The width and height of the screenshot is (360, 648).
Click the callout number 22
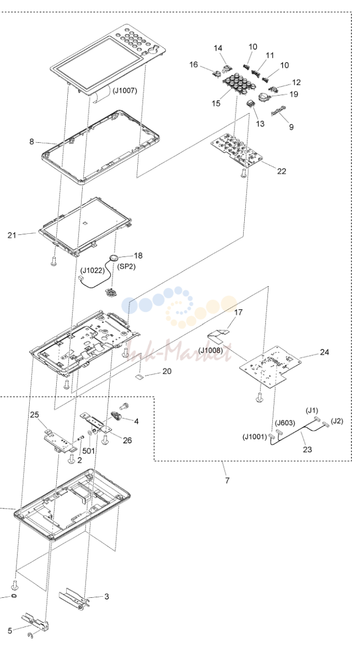[x=282, y=171]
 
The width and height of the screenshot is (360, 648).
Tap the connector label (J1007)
[x=125, y=90]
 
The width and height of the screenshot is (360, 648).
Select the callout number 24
[x=325, y=352]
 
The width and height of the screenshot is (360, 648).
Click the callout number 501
[x=88, y=450]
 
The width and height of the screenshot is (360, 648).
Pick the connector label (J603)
[x=285, y=423]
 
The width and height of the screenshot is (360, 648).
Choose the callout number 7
[x=227, y=480]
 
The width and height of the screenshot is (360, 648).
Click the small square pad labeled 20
[x=140, y=376]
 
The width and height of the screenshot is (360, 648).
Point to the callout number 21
[x=12, y=235]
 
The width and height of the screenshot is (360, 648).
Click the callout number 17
[x=239, y=313]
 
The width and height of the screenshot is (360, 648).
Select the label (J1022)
[x=93, y=271]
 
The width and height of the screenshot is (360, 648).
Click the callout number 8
[x=32, y=142]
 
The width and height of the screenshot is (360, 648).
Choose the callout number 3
[x=106, y=596]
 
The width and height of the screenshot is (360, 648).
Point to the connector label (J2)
[x=337, y=421]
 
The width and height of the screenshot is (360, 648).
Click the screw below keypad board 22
[x=243, y=174]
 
